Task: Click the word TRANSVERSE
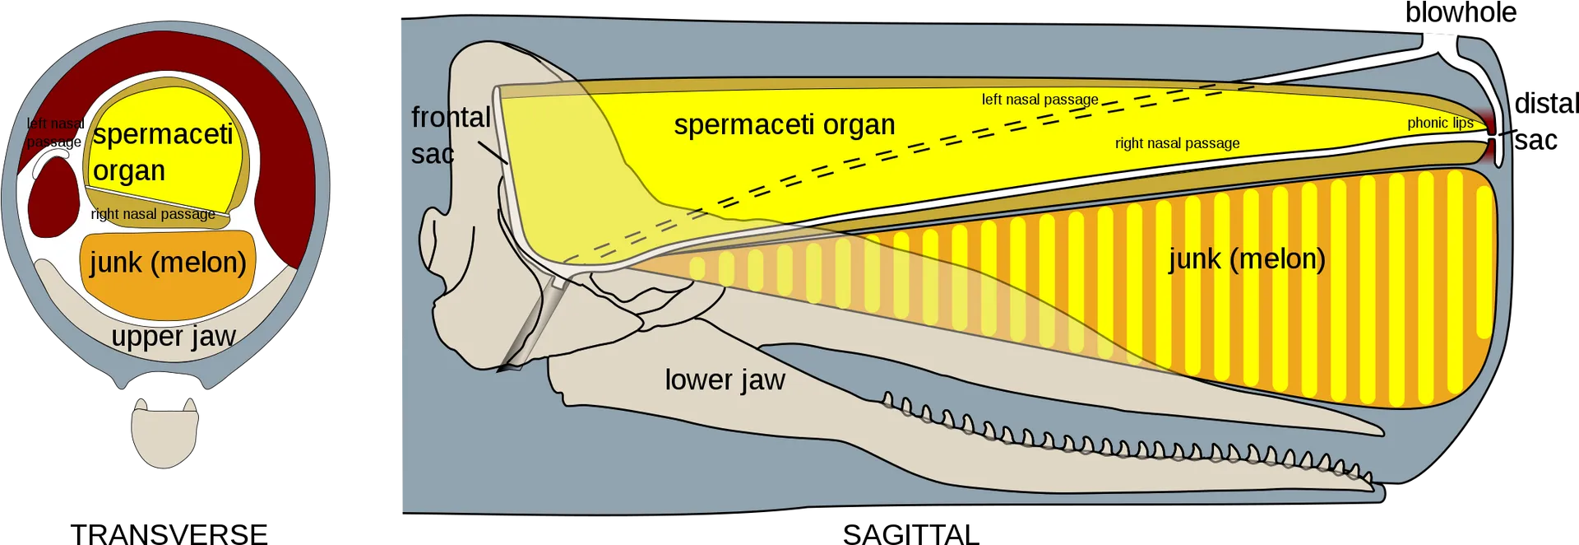pos(169,534)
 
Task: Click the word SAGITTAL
pos(910,534)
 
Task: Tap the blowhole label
pos(1461,13)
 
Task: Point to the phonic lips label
pos(1440,123)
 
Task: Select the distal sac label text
pos(1546,122)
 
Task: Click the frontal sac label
pos(450,135)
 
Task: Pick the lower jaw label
pos(725,380)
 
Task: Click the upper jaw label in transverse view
pos(174,337)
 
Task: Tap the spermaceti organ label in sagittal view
pos(785,124)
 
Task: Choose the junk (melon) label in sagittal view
pos(1247,259)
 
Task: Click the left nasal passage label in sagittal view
pos(1040,100)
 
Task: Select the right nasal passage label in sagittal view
pos(1177,143)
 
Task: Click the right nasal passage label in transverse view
pos(153,214)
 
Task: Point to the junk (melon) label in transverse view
pos(168,262)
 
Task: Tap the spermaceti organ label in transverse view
pos(163,152)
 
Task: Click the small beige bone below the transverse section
pos(164,433)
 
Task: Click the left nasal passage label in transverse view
pos(55,133)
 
